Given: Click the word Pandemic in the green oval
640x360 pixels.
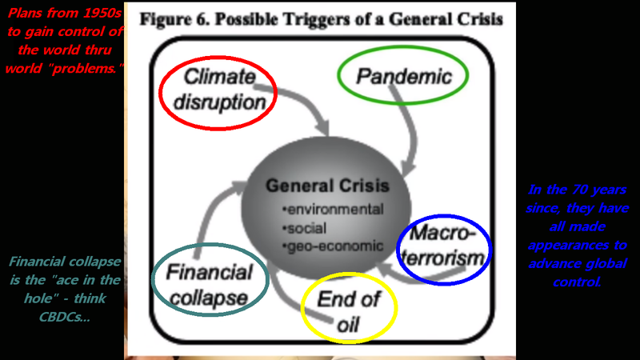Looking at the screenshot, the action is (x=403, y=78).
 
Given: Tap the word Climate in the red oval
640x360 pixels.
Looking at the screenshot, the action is (x=219, y=78).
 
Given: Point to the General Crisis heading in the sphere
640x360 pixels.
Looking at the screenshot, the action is (x=327, y=186).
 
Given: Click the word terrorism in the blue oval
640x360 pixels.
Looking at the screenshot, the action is (x=444, y=258).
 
